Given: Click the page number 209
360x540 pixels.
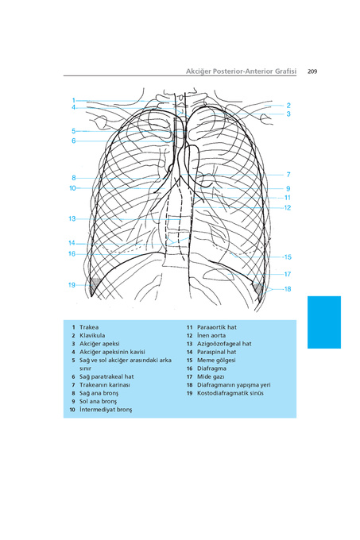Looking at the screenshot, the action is coord(312,71).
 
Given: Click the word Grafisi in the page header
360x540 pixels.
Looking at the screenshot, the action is coord(285,71).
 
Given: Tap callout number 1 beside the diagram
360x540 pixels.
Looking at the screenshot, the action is coord(73,101).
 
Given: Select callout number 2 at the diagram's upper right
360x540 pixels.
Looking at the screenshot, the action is coord(288,106).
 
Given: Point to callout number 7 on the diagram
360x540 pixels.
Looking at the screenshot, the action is coord(288,175).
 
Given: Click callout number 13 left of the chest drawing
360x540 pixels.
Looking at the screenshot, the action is coord(72,218).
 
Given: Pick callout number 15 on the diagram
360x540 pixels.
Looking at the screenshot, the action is coord(288,257).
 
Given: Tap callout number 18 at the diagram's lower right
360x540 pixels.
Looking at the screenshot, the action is coord(288,289).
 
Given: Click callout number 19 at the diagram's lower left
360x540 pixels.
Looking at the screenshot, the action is coord(72,285).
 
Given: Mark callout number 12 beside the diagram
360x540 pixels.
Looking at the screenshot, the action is coord(288,208).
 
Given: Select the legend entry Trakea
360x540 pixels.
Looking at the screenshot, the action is coord(89,327).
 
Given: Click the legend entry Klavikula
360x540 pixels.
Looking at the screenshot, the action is coord(92,335).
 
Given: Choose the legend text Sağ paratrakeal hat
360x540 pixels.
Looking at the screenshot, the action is coord(106,376).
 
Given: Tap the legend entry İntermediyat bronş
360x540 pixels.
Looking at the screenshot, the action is coord(106,410).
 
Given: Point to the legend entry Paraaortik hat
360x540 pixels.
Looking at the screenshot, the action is coord(217,327).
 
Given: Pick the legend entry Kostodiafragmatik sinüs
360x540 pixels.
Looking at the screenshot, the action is coord(230,393).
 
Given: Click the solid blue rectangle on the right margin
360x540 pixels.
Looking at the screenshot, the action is coord(324,322).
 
